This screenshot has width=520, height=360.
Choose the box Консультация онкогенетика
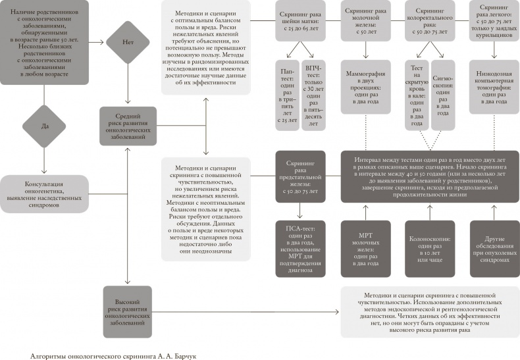pos(43,194)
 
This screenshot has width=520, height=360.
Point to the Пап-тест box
pos(286,95)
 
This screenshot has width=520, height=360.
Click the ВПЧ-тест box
pos(313,95)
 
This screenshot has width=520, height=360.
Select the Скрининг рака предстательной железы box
pos(299,176)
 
